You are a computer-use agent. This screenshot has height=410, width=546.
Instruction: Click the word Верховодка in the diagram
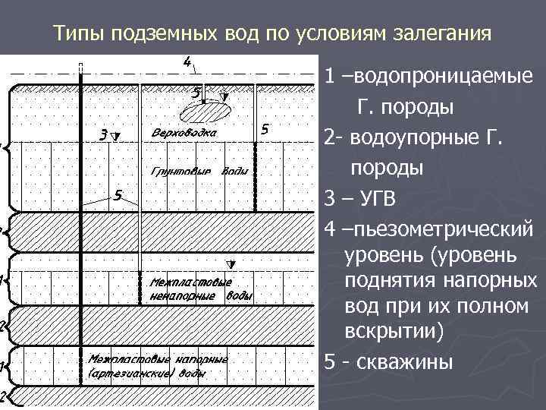point(184,133)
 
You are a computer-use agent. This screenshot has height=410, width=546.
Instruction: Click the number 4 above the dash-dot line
point(187,61)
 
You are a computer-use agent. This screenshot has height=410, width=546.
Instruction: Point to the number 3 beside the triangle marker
point(103,135)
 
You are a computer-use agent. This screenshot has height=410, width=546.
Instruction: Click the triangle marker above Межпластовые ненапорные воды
point(234,266)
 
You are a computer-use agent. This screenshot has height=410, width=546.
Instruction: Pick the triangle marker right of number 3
point(115,137)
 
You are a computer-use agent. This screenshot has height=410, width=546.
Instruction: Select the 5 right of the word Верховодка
point(263,129)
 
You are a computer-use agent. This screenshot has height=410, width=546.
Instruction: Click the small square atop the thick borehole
point(82,64)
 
